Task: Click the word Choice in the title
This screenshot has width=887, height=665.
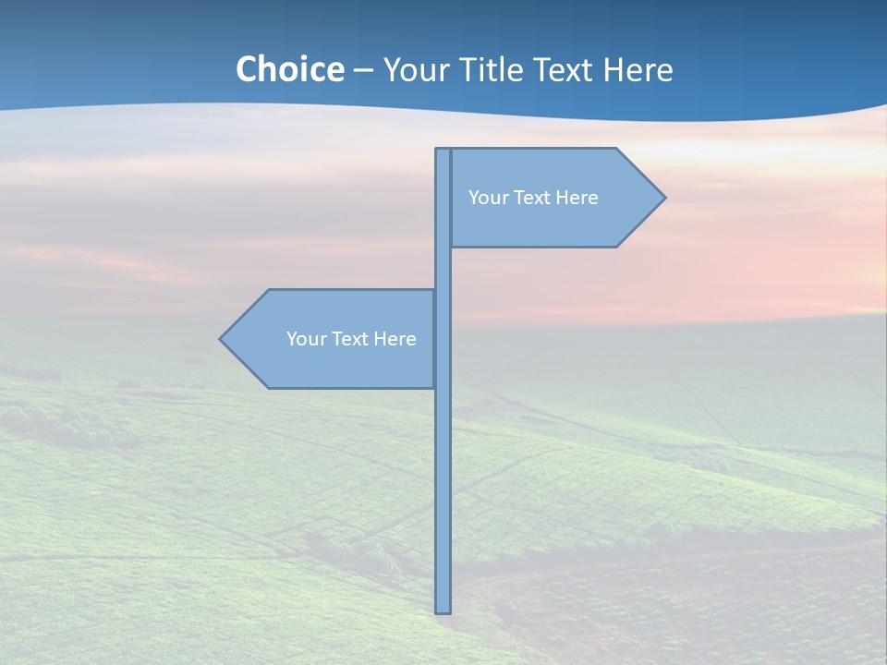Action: point(289,69)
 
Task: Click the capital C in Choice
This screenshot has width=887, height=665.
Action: point(247,69)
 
